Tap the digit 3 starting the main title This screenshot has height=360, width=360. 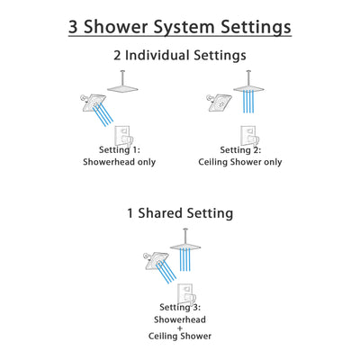tap(75, 27)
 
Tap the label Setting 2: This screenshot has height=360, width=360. tap(239, 149)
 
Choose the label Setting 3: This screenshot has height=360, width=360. tap(179, 306)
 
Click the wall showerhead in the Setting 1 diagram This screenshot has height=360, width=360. tap(94, 106)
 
